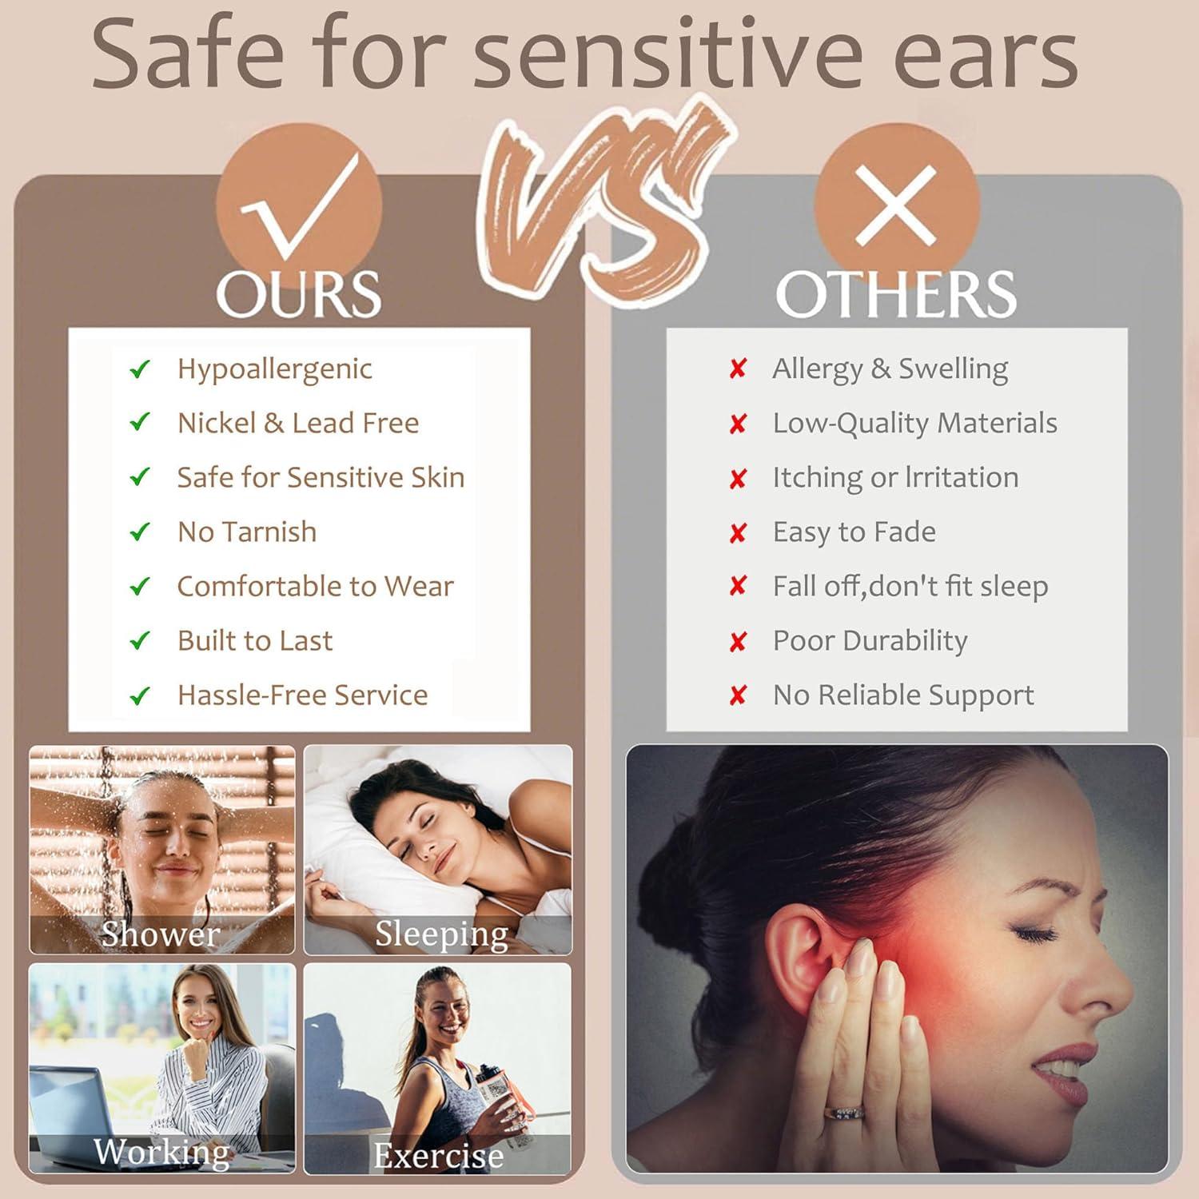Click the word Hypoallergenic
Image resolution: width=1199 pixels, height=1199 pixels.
(x=274, y=369)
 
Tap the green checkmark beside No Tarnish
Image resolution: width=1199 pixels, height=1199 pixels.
(x=140, y=532)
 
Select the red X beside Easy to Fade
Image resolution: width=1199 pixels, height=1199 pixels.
(x=737, y=533)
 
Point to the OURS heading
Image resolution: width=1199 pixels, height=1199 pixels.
(x=298, y=294)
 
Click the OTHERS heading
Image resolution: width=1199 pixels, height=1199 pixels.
(x=895, y=294)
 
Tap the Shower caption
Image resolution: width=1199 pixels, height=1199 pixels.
(x=160, y=934)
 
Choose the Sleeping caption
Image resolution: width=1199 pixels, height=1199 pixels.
(x=441, y=934)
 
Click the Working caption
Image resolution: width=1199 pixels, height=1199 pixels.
(x=161, y=1152)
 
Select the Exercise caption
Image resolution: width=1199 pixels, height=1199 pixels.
(x=438, y=1156)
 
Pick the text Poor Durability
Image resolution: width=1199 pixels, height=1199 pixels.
(x=870, y=641)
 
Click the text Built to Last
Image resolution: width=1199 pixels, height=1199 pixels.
(x=254, y=641)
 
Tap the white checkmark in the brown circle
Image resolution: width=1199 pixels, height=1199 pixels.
(x=300, y=208)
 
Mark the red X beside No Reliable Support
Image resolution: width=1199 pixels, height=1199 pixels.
(x=737, y=695)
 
